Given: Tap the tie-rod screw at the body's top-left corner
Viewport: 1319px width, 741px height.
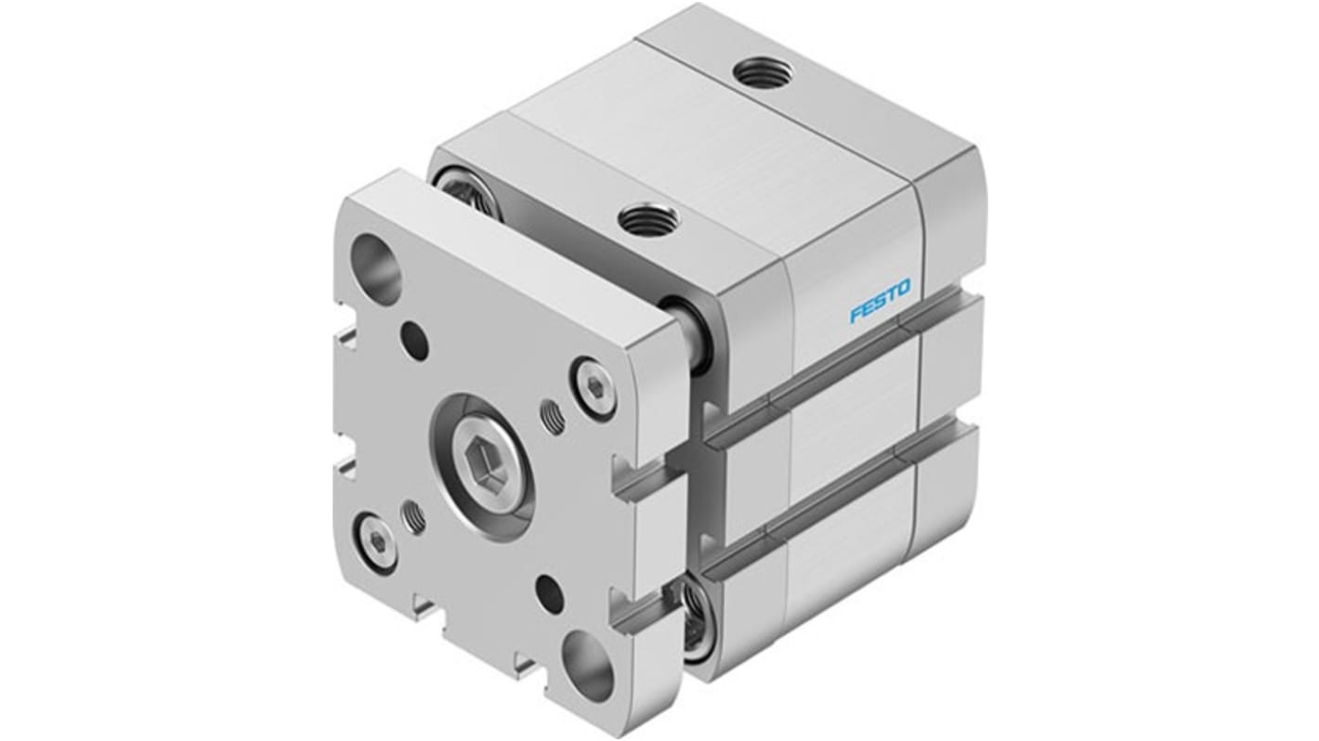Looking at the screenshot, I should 461,194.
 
